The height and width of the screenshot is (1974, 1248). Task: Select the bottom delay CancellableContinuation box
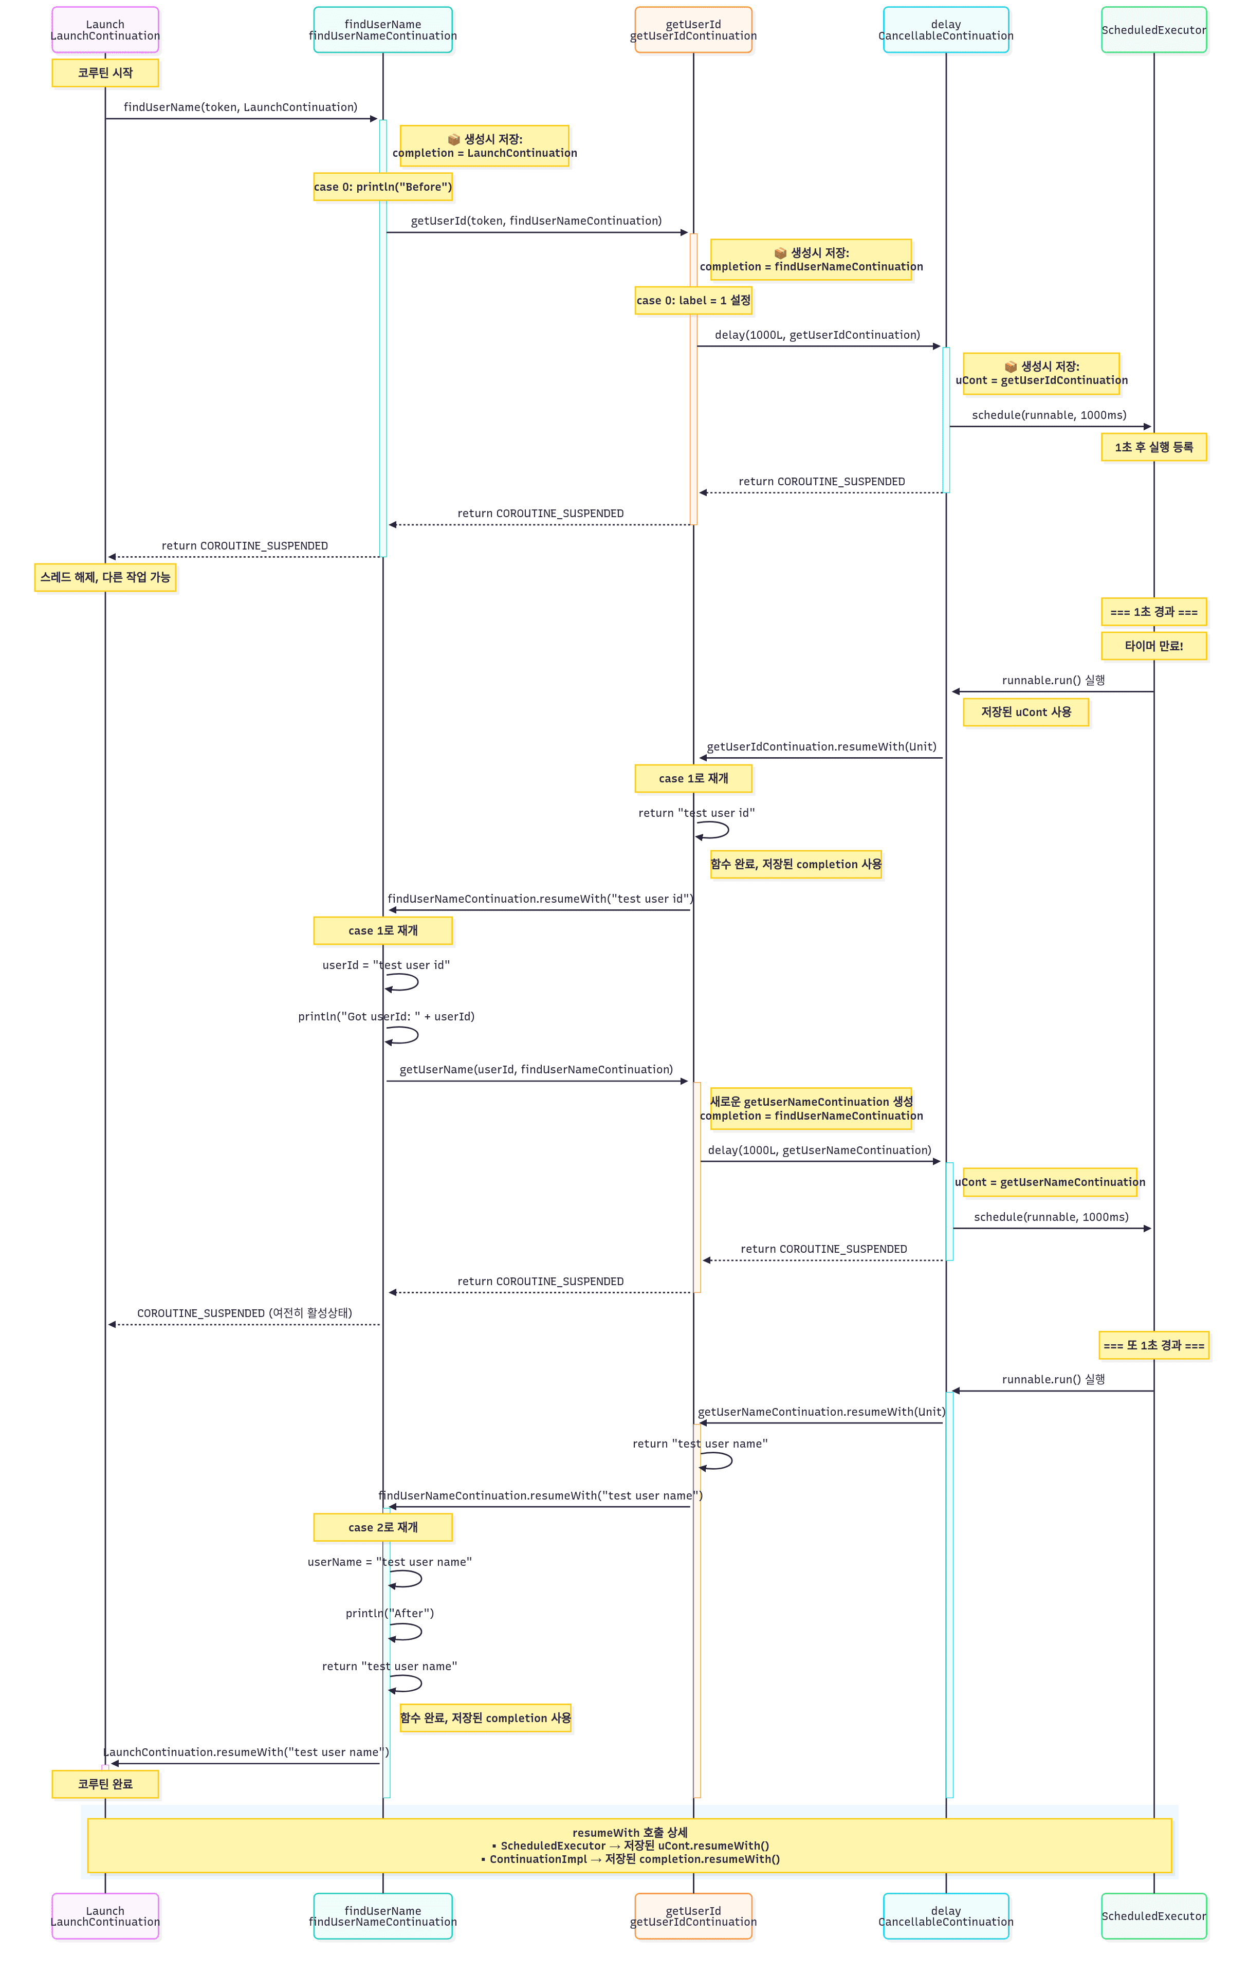[x=946, y=1916]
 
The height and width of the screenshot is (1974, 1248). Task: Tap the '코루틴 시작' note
[x=105, y=73]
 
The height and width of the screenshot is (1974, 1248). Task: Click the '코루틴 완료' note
[x=105, y=1784]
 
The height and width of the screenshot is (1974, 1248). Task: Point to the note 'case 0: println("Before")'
[x=383, y=187]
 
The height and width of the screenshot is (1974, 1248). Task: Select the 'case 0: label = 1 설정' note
[x=693, y=301]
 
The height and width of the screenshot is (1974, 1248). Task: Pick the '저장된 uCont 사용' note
[x=1026, y=712]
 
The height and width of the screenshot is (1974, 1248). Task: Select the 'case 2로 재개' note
[x=383, y=1527]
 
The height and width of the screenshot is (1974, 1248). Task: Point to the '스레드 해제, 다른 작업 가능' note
[x=105, y=577]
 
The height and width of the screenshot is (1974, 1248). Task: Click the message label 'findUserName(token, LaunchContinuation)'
[x=240, y=107]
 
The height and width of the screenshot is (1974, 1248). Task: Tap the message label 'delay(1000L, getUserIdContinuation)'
[x=817, y=335]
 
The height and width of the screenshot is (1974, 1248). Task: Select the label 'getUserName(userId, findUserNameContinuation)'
[x=536, y=1070]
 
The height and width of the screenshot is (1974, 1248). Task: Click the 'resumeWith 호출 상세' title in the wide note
[x=629, y=1832]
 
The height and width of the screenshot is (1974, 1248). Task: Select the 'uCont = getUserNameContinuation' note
[x=1050, y=1182]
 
